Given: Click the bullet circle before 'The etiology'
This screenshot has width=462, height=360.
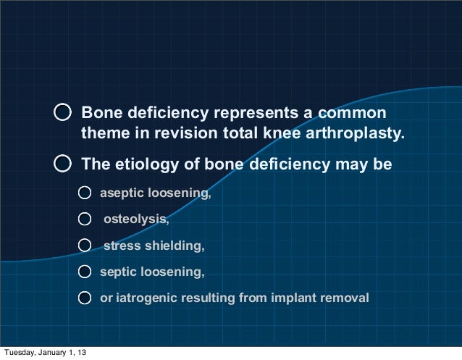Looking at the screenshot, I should pos(64,164).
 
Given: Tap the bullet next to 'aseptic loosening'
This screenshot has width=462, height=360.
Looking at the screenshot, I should pos(85,193).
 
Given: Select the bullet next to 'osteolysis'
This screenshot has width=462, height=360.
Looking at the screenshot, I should pos(85,219).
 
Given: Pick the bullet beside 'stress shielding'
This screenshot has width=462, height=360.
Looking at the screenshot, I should pos(85,246).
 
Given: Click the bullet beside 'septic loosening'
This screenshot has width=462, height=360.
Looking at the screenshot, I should pos(85,272).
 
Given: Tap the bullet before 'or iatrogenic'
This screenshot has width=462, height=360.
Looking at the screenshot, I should pos(85,298).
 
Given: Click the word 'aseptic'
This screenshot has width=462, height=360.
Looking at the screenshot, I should pos(121,193).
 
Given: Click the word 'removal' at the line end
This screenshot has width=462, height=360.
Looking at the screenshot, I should pos(347,298).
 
